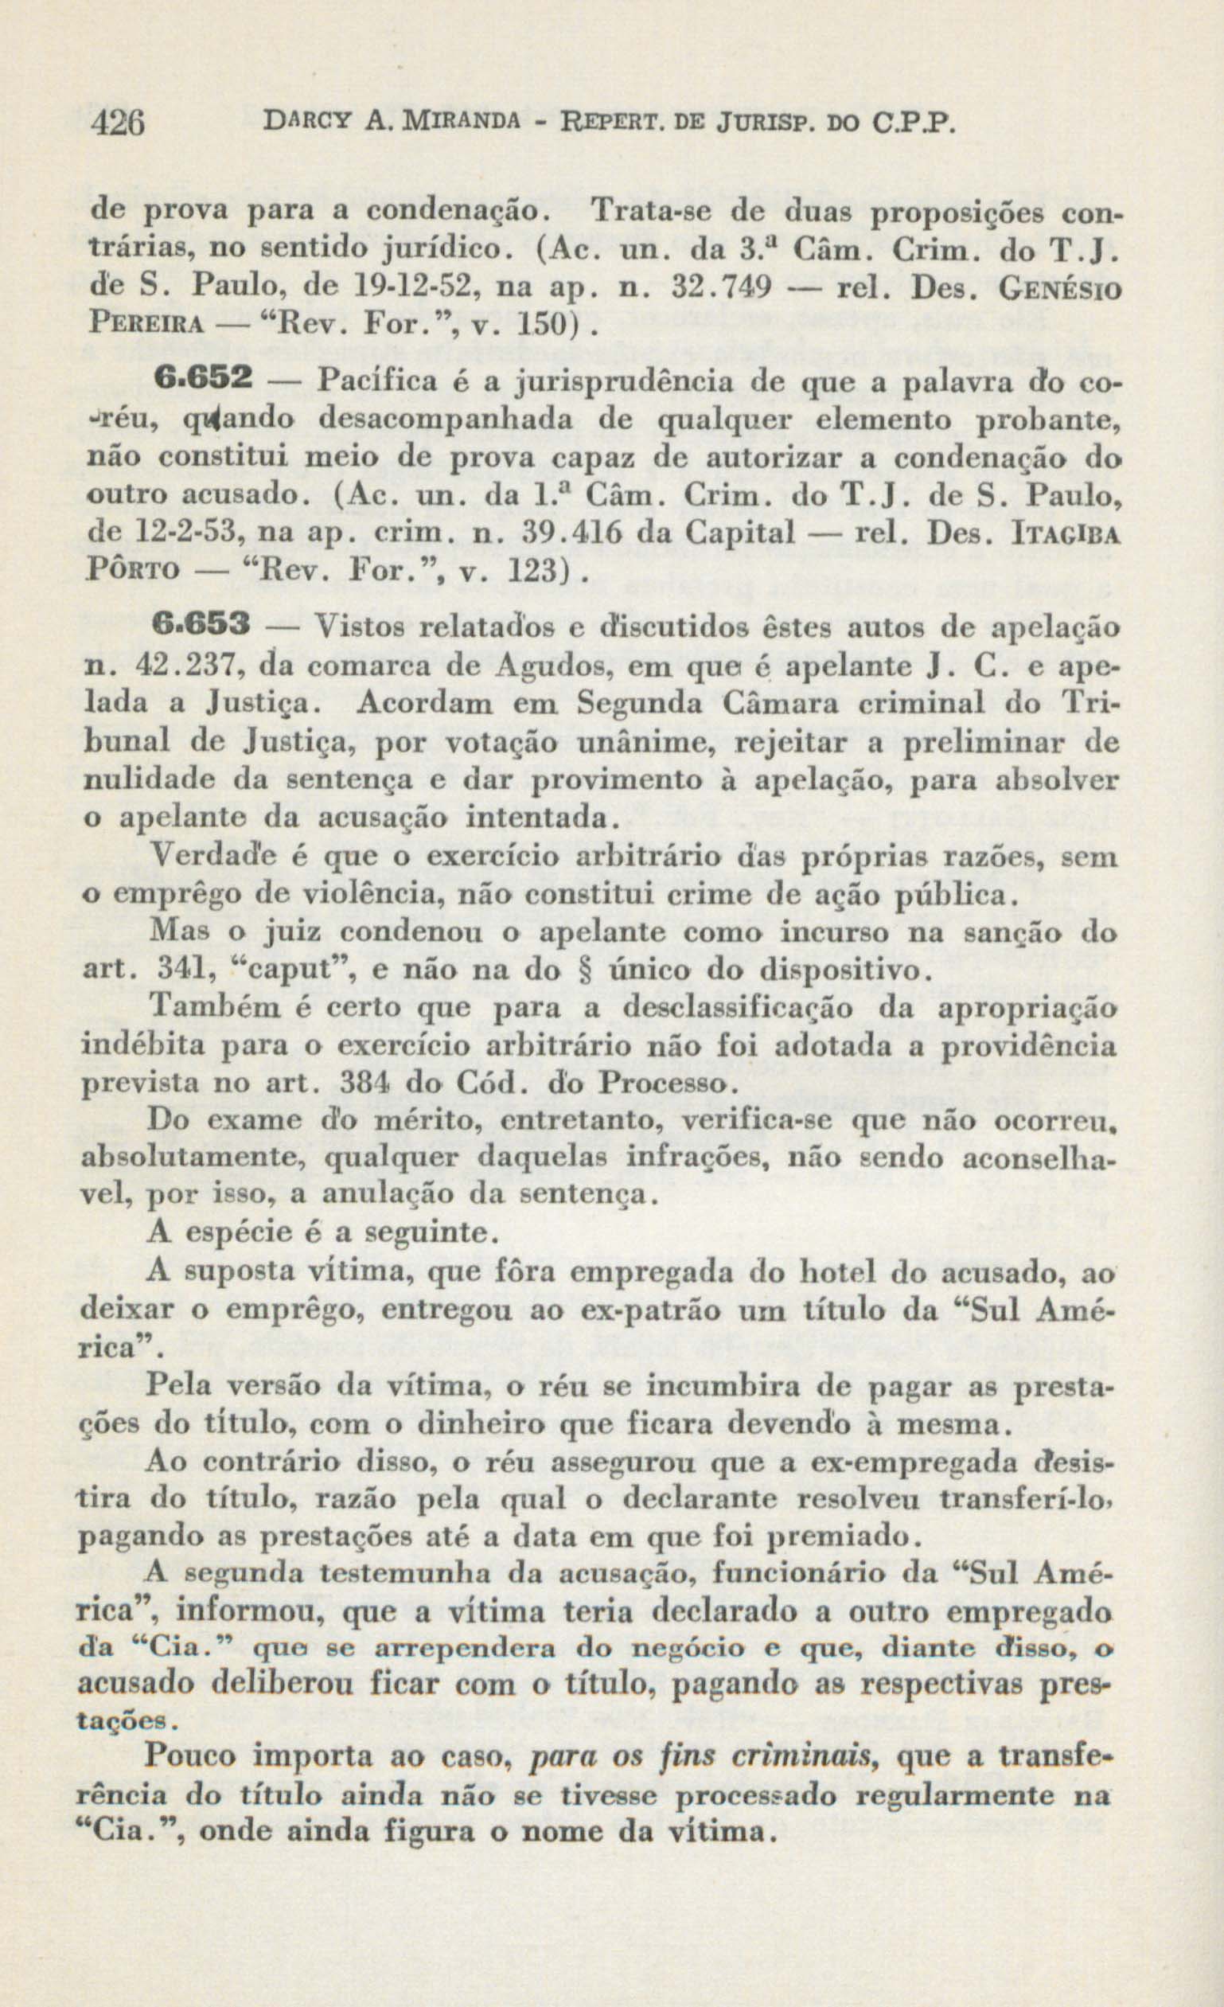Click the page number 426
tap(119, 125)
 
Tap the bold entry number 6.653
tap(201, 628)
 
